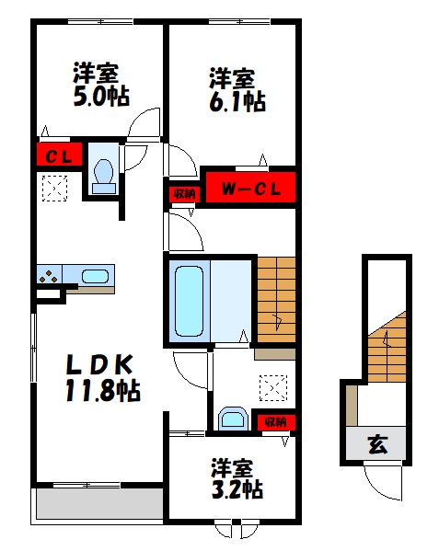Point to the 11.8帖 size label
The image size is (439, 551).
[x=100, y=391]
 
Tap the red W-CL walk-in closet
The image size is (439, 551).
[x=248, y=190]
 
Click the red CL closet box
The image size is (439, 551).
[x=59, y=155]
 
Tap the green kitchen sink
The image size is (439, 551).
[x=94, y=275]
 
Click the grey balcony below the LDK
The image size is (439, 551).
[x=98, y=502]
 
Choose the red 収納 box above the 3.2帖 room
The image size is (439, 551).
[x=275, y=421]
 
